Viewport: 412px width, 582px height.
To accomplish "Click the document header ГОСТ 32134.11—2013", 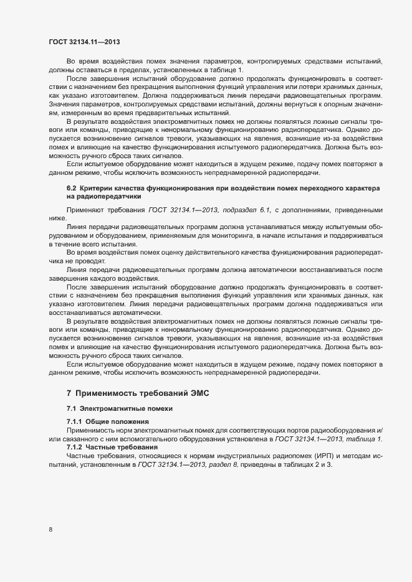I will point(84,42).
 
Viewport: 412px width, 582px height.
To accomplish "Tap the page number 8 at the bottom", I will point(50,530).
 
